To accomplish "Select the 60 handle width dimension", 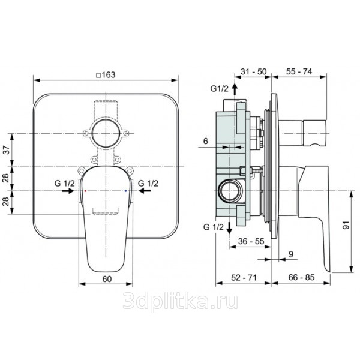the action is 107,279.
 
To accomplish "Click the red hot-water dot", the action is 85,191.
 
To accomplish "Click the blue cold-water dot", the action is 125,191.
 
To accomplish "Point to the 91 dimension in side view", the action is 346,225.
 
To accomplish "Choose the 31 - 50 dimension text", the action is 254,71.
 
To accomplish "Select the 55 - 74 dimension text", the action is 299,71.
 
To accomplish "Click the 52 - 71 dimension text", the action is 244,278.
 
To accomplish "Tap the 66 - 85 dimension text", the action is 301,277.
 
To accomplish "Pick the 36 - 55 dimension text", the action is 251,241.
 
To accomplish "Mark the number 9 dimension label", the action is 291,254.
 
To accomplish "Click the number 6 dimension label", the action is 205,141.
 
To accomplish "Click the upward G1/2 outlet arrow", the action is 235,89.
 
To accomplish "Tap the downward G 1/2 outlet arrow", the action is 229,228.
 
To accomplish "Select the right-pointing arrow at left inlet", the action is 68,191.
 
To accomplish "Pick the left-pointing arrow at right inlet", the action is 145,191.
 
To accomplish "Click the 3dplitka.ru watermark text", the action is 180,301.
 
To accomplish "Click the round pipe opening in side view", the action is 230,191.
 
